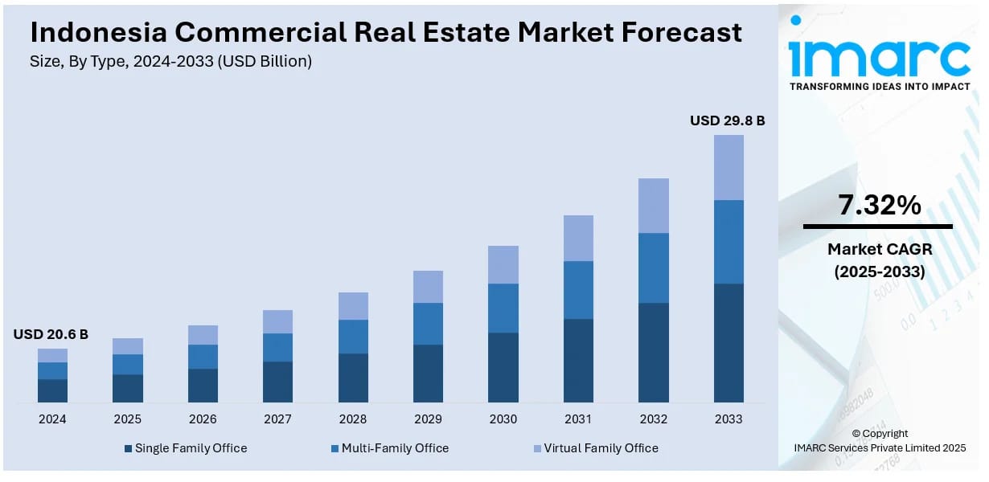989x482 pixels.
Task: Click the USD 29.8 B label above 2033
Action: (727, 120)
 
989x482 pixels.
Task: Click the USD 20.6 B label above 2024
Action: (51, 334)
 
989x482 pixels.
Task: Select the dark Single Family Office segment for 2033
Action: (728, 342)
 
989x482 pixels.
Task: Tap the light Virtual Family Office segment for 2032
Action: (654, 206)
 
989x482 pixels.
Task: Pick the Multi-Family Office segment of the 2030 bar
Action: (503, 308)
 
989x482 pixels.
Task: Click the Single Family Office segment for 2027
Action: (277, 382)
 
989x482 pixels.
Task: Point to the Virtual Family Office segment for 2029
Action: (428, 287)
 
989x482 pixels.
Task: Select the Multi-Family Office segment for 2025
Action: (127, 364)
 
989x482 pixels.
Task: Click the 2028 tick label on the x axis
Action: (353, 419)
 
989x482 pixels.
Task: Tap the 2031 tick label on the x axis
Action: (578, 419)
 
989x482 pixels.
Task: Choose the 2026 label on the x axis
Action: (203, 419)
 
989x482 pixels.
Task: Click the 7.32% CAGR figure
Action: (879, 206)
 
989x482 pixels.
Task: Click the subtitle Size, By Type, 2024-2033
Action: (170, 61)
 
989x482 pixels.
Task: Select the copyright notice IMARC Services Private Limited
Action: (880, 447)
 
